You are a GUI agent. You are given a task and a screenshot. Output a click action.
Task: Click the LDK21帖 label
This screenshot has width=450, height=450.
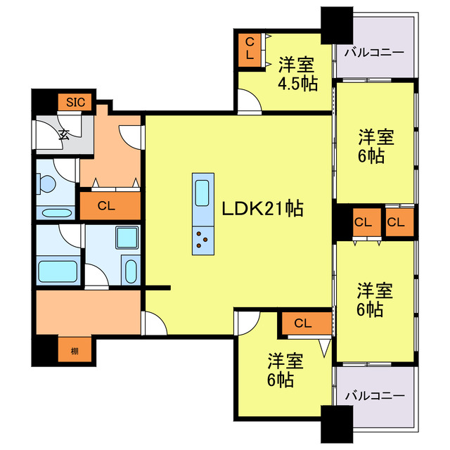(x=262, y=209)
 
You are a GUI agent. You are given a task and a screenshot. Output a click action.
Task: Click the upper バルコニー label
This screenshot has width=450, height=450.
(x=374, y=52)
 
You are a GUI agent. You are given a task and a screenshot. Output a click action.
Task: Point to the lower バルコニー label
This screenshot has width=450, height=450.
(x=375, y=396)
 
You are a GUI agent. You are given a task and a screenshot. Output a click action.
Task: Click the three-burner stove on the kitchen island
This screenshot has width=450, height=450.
(x=202, y=241)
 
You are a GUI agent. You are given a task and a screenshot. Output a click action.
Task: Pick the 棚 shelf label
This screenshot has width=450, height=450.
(x=74, y=350)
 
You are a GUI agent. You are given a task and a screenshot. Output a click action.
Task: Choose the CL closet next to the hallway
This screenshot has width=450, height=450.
(x=107, y=206)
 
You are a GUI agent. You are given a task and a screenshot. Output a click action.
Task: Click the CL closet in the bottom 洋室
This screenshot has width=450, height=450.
(x=303, y=323)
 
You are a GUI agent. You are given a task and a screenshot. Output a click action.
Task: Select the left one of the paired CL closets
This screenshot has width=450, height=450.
(x=363, y=224)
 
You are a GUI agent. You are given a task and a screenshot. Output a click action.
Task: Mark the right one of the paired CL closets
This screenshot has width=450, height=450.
(x=397, y=224)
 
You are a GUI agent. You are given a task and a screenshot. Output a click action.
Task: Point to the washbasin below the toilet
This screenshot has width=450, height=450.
(x=56, y=213)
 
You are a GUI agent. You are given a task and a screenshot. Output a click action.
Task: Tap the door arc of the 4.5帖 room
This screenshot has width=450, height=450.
(x=248, y=103)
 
